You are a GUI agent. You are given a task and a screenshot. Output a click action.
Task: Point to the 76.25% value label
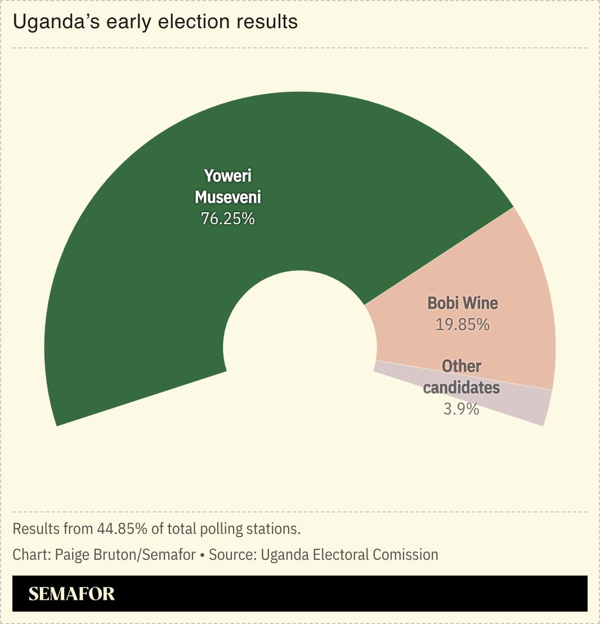tap(228, 219)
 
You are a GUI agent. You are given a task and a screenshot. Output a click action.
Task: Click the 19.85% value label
tap(463, 324)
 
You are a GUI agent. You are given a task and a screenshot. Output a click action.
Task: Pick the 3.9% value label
tap(461, 409)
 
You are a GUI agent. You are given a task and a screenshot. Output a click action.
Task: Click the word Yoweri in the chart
tap(228, 176)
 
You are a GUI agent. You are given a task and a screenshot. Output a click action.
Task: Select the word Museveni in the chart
tap(228, 197)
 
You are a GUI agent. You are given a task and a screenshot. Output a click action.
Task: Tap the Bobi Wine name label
tap(463, 303)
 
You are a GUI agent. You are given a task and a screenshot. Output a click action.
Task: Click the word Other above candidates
tap(462, 366)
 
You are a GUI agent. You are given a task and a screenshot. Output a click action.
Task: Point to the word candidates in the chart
tap(462, 387)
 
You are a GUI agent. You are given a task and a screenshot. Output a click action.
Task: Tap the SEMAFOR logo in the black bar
tap(71, 594)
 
